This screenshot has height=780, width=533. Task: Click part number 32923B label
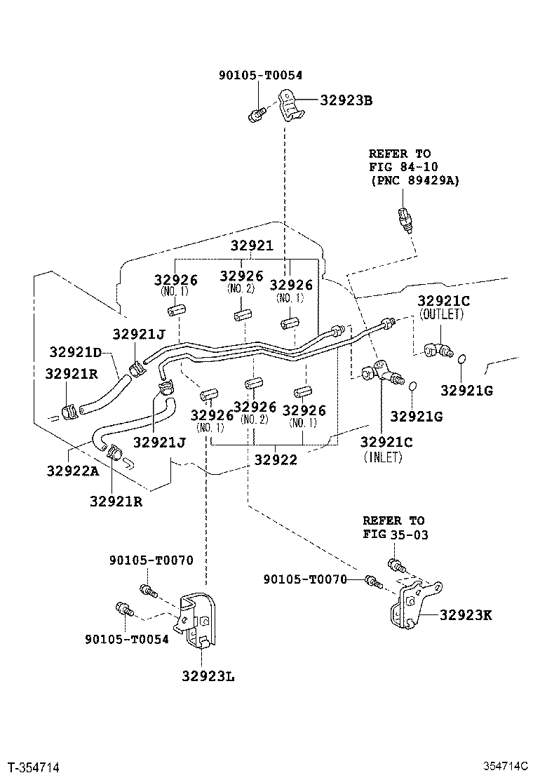pos(346,100)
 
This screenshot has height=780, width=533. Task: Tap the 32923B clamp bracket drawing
pos(291,105)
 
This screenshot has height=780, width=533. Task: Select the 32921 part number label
pos(252,246)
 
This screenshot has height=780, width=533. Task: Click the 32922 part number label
pos(276,459)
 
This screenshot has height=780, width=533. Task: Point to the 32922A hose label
pos(73,471)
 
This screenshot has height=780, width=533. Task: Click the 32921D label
pos(75,352)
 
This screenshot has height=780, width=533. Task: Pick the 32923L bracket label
pos(208,676)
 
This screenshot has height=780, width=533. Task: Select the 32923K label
pos(466,615)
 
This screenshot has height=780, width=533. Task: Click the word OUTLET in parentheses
pos(442,314)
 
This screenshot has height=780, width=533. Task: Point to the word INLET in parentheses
pos(383,457)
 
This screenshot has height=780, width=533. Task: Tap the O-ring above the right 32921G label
pos(462,358)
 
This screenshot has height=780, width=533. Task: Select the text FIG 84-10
pos(403,167)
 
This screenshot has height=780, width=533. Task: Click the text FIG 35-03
pos(396,534)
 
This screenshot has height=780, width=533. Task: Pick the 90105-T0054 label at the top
pos(260,75)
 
